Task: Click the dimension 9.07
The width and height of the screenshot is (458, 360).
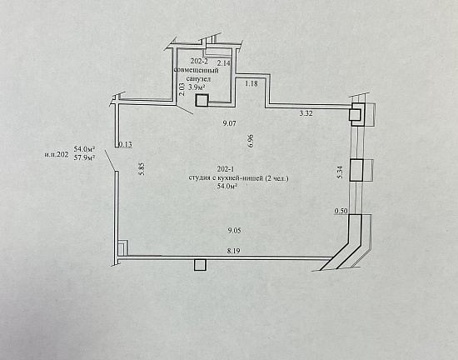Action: coord(229,123)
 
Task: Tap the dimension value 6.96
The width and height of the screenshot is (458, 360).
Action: coord(251,141)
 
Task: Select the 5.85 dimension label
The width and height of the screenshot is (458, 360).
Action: coord(142,168)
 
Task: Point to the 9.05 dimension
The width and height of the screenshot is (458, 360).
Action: coord(234,231)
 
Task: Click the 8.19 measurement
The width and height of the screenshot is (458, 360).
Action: coord(234,251)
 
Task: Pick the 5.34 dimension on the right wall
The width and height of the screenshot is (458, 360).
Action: coord(340,172)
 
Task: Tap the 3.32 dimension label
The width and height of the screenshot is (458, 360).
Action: coord(306,113)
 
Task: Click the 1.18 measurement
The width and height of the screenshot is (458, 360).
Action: coord(251,83)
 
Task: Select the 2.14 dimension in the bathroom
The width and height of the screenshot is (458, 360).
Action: coord(224,62)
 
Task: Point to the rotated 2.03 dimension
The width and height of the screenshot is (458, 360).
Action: coord(182,89)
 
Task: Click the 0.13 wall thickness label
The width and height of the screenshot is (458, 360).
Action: coord(126,144)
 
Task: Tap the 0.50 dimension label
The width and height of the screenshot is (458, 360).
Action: coord(341,211)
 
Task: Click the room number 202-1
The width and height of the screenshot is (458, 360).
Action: coord(226,169)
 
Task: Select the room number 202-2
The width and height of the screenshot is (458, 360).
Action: coord(199,61)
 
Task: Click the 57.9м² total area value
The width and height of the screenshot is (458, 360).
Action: coord(85,158)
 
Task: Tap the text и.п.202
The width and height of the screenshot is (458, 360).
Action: coord(57,154)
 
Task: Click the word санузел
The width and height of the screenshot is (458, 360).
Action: coord(198,78)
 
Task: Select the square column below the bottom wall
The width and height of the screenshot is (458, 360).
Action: coord(200,265)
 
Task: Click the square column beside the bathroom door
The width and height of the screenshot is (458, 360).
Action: coord(202,101)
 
